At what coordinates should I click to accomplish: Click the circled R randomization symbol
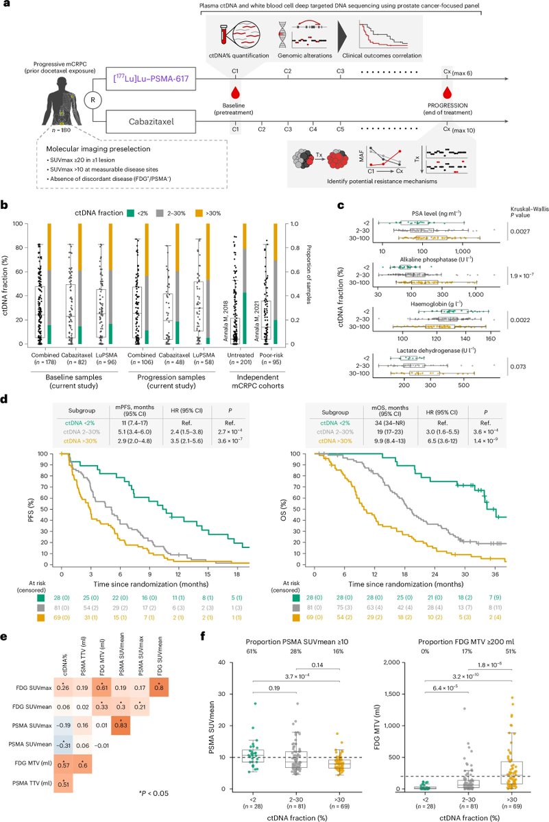click(94, 100)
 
